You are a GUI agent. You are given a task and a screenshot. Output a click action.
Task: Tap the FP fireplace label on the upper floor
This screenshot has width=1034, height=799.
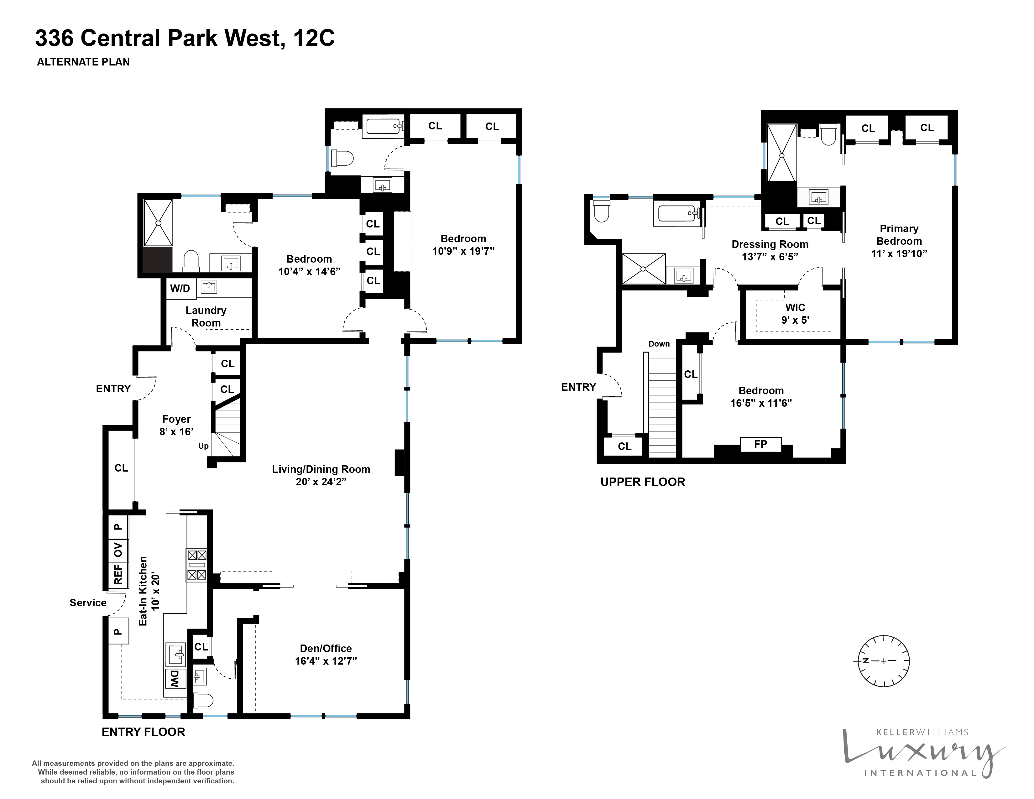click(x=760, y=444)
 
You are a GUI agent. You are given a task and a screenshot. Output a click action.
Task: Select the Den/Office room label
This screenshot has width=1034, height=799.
click(x=326, y=649)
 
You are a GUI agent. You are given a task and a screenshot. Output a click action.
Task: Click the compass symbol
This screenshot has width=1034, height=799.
click(x=884, y=661)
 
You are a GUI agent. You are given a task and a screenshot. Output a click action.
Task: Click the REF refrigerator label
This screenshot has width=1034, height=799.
click(x=118, y=574)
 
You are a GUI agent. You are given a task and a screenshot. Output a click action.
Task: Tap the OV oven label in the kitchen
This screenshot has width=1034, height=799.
click(x=118, y=550)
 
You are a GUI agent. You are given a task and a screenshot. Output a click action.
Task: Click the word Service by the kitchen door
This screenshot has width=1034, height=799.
click(x=88, y=603)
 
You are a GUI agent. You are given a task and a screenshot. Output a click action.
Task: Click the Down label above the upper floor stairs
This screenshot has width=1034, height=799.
click(x=659, y=344)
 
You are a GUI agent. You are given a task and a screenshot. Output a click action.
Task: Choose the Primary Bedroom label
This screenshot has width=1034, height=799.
click(x=899, y=235)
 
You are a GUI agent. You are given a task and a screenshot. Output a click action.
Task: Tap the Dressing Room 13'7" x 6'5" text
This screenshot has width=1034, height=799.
click(x=770, y=250)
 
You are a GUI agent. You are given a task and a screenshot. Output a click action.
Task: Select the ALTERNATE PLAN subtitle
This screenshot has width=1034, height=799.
click(x=83, y=62)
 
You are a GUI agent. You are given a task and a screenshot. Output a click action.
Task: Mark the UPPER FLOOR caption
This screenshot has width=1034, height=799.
click(x=642, y=482)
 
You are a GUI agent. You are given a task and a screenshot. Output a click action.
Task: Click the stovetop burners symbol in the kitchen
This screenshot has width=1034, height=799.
click(x=196, y=565)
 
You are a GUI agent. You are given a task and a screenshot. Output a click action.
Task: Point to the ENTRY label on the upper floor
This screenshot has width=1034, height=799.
click(x=578, y=387)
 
